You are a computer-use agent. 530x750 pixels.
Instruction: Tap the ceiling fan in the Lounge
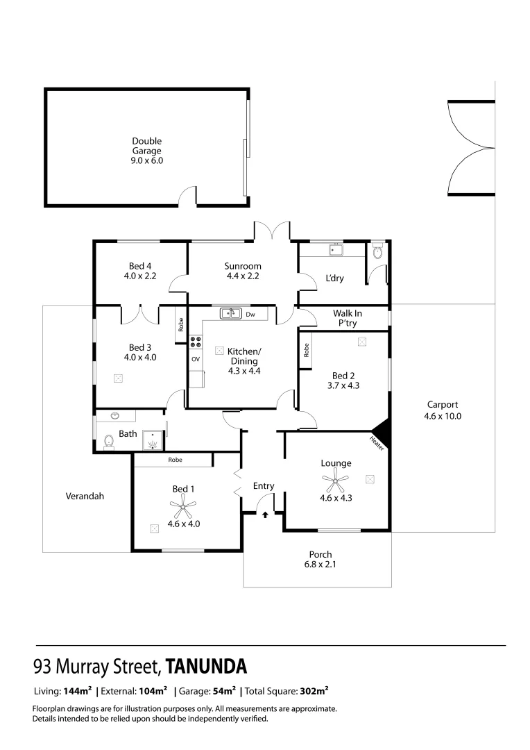click(x=336, y=479)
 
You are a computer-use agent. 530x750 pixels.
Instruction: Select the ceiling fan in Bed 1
click(x=183, y=509)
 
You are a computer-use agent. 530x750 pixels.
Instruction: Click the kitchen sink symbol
click(x=230, y=314)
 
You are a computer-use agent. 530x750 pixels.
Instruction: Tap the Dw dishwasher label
click(x=250, y=315)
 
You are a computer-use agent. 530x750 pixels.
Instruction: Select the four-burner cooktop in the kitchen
click(x=196, y=342)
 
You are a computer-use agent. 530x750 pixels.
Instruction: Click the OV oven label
click(x=196, y=359)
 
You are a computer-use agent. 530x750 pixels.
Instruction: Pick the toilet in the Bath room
click(x=108, y=441)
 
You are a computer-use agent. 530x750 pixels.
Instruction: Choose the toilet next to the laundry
click(x=377, y=253)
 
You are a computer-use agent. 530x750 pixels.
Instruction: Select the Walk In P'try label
click(x=347, y=318)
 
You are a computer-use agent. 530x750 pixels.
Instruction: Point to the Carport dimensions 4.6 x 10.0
click(x=442, y=417)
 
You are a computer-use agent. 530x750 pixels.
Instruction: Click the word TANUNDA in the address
click(x=206, y=667)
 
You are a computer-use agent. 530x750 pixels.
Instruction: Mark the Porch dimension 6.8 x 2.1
click(x=320, y=565)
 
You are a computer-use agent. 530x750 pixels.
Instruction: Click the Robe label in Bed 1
click(x=174, y=460)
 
